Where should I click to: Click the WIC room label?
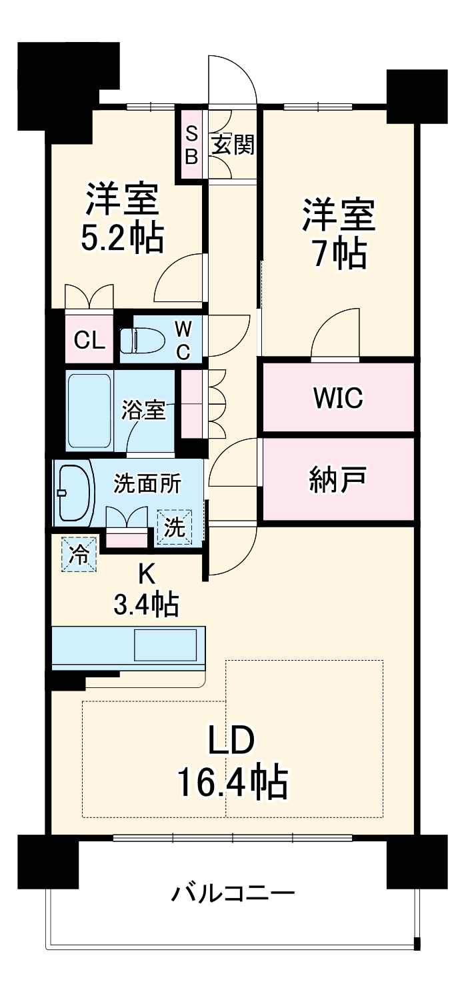[x=339, y=397]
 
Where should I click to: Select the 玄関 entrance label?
[x=233, y=145]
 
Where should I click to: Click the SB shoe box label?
[x=191, y=145]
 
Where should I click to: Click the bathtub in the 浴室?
[x=89, y=411]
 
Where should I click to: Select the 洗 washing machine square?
[x=174, y=528]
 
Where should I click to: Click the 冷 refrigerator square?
[x=79, y=555]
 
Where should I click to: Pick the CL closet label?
[x=89, y=341]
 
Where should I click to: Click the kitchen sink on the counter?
[x=166, y=645]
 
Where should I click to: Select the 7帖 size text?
[x=339, y=251]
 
